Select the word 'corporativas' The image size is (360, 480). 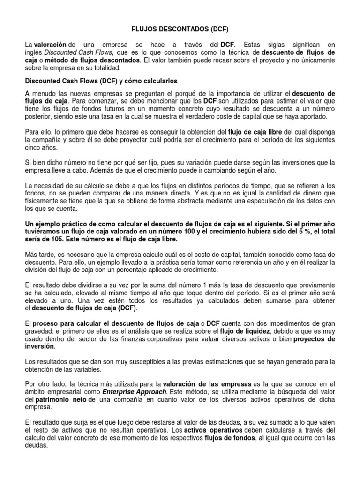coord(180,339)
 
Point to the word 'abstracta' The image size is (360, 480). coord(166,201)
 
